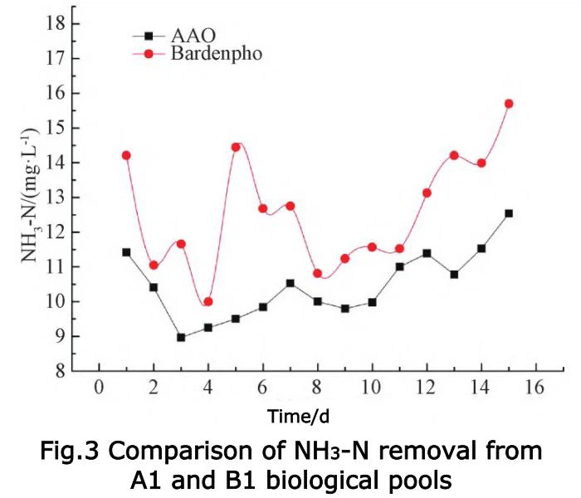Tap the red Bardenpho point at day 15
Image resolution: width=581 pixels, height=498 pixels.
509,104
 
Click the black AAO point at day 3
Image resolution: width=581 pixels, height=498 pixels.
181,338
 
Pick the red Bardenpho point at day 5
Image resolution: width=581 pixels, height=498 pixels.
236,147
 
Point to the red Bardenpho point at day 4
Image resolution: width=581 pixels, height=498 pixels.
208,301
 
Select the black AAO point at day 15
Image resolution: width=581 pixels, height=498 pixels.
509,213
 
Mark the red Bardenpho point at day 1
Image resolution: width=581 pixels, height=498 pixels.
126,155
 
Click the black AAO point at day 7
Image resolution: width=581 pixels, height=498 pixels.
290,283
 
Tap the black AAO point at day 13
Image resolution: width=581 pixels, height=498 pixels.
454,274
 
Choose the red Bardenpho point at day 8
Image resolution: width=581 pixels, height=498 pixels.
317,273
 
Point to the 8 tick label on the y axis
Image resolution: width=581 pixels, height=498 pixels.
60,371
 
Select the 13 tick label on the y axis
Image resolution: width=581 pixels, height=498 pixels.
55,198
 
